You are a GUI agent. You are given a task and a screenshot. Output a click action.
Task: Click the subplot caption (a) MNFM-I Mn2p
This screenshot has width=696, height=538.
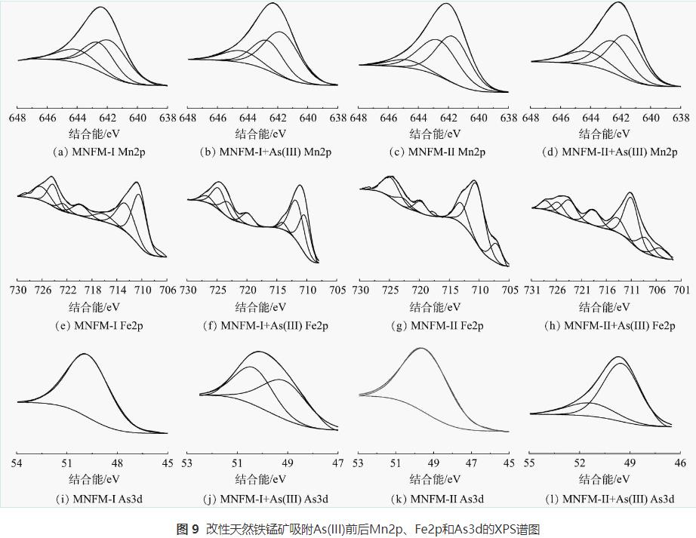(x=92, y=152)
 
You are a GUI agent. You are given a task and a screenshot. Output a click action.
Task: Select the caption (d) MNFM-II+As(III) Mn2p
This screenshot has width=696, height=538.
(x=608, y=152)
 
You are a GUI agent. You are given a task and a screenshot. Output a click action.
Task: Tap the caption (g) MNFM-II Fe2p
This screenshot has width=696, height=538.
(x=436, y=326)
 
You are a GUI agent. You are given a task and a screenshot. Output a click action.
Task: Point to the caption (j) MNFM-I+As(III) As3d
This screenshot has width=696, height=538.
(x=263, y=499)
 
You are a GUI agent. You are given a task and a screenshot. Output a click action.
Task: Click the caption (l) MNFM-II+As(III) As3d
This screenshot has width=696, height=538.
(x=608, y=499)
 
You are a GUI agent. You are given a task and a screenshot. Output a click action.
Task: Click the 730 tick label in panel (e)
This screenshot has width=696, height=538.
(x=18, y=291)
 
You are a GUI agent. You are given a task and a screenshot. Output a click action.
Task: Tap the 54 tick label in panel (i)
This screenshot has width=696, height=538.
(x=17, y=463)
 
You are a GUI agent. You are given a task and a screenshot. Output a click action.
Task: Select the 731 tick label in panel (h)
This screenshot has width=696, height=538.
(x=533, y=291)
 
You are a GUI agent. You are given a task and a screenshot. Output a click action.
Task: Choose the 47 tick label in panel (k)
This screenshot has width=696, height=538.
(x=472, y=463)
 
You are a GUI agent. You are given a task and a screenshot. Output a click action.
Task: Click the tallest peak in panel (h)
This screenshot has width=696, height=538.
(x=630, y=193)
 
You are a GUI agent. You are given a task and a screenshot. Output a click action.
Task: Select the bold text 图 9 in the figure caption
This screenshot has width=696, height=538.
(x=187, y=529)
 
